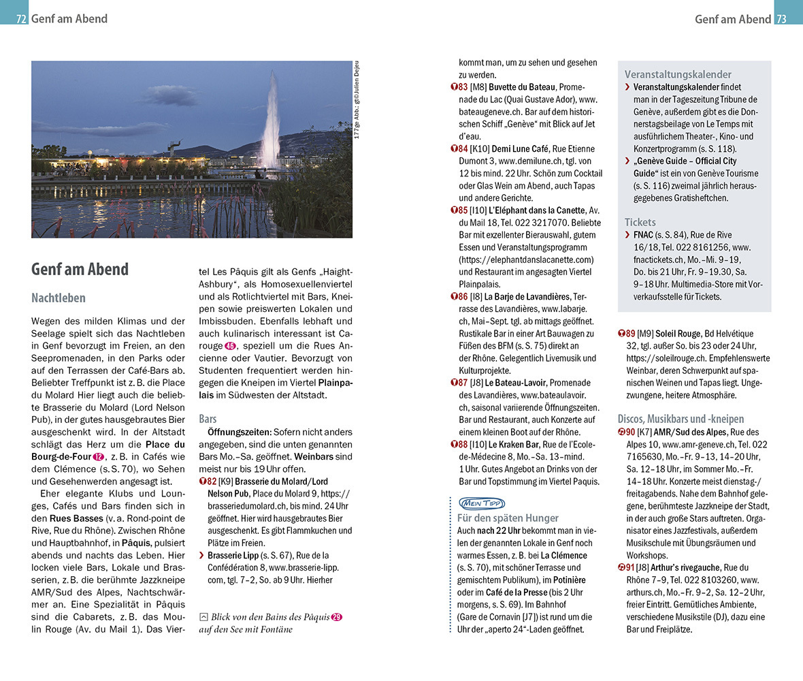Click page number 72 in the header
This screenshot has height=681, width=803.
point(21,19)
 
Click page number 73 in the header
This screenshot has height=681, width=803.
point(781,19)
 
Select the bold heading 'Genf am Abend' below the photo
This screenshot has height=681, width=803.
point(80,269)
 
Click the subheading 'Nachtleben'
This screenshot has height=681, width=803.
point(59,298)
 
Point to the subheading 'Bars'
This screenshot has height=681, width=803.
point(209,419)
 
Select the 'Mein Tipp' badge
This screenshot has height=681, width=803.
point(480,503)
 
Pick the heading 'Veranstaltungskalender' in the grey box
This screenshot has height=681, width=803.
point(678,74)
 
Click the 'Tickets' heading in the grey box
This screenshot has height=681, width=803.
point(640,222)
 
